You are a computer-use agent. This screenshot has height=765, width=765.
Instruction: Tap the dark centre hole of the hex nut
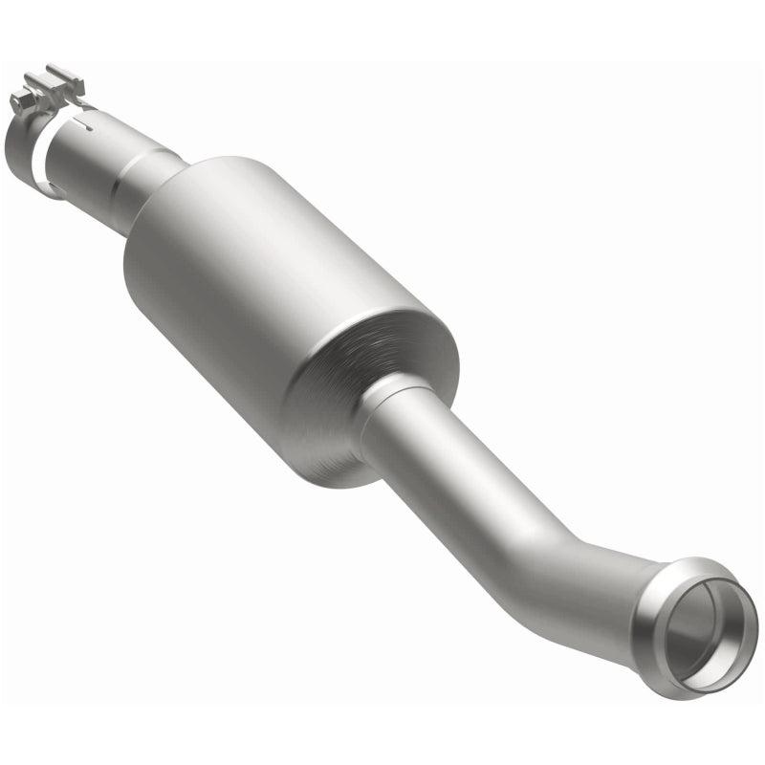16,98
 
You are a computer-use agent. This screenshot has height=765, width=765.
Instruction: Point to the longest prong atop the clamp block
65,74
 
